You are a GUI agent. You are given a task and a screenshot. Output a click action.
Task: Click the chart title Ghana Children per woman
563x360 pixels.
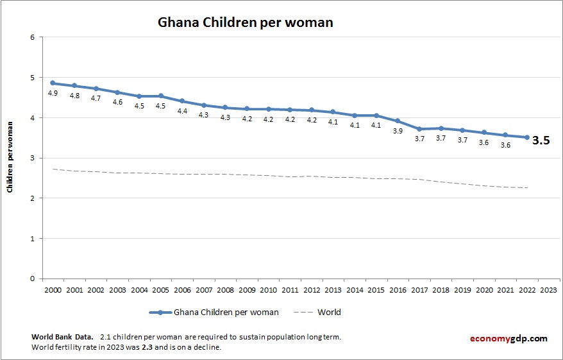246,22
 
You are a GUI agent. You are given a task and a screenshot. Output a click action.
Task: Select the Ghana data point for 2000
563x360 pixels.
53,83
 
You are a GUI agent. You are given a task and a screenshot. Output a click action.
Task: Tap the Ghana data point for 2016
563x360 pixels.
398,121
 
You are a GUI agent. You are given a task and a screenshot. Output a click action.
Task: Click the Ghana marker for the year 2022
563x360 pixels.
527,137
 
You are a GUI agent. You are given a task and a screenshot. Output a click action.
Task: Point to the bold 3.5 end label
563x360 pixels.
542,141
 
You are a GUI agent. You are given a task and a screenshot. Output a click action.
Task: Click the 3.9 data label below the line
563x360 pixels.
398,131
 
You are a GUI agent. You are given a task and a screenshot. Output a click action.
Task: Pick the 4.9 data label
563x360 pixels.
53,93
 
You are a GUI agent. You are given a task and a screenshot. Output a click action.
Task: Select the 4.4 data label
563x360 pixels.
182,111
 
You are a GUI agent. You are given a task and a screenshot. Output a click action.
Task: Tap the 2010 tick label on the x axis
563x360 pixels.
268,290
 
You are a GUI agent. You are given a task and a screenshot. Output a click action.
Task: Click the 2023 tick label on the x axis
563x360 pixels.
549,290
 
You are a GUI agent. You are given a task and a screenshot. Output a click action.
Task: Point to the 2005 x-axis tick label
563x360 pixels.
160,290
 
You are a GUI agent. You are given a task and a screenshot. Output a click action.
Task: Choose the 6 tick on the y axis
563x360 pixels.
32,37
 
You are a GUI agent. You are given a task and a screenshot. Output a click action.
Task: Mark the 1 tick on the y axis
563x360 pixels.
32,238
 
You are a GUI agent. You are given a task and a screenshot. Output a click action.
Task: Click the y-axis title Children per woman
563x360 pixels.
10,157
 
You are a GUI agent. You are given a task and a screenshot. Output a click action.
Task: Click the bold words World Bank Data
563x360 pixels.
62,337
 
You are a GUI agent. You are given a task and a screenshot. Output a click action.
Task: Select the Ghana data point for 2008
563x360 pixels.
225,107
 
